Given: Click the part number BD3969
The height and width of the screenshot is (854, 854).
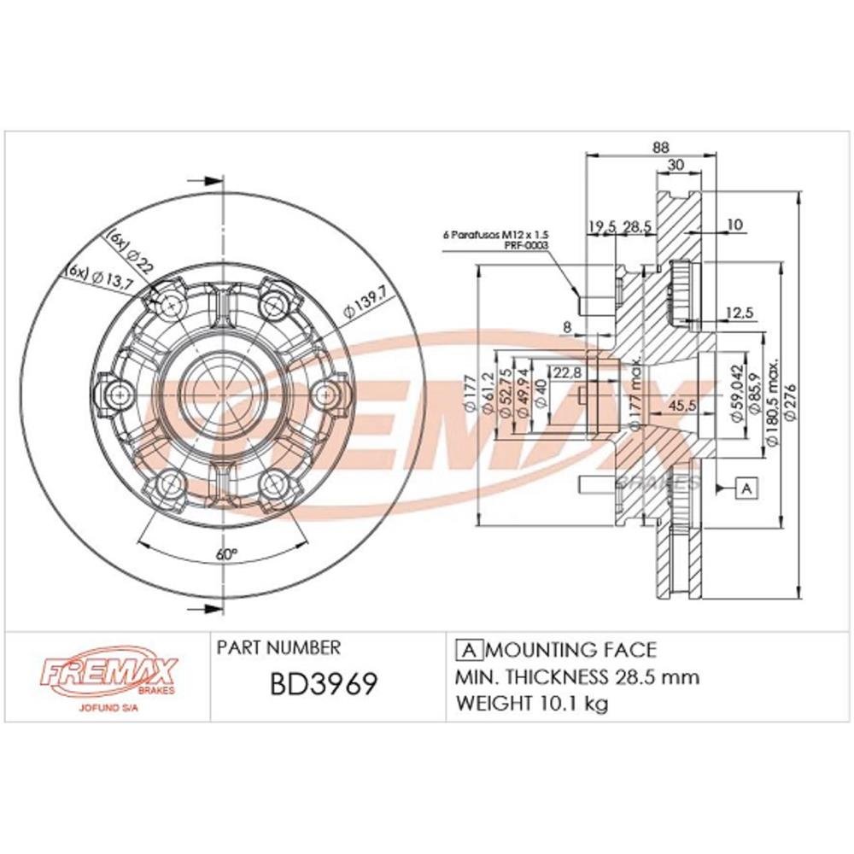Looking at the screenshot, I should tap(324, 685).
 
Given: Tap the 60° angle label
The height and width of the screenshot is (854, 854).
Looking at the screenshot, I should tap(225, 553).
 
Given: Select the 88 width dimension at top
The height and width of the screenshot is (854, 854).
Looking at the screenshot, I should tap(660, 147).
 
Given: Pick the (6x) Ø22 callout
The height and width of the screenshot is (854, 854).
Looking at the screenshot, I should tap(131, 250).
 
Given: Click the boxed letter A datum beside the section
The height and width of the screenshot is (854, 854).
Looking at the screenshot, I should tap(747, 488).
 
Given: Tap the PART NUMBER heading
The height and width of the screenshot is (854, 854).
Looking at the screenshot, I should tap(278, 648).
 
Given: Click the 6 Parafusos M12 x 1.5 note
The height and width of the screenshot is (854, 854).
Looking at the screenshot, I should tap(494, 232).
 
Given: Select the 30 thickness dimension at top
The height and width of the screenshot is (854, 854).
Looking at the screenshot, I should tap(677, 166).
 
